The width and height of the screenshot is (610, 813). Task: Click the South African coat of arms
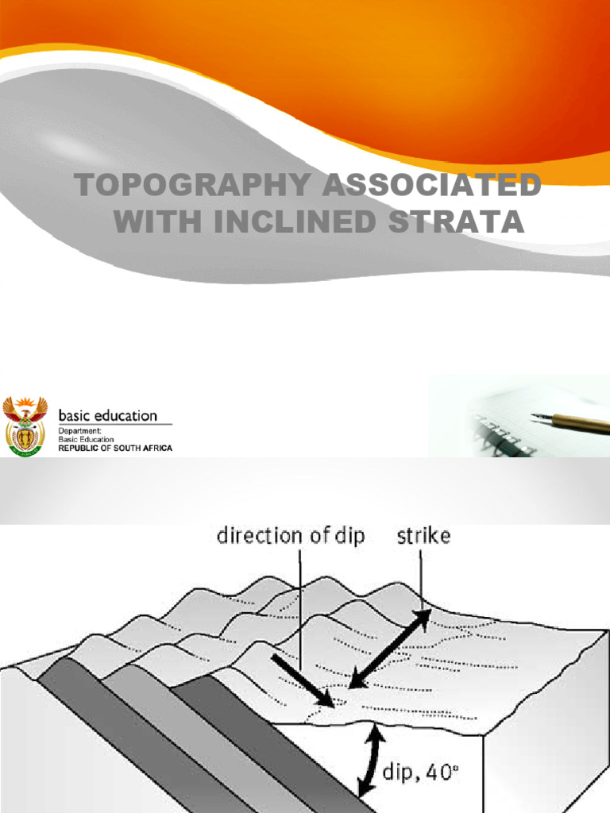point(25,426)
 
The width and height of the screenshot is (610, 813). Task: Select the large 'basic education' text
point(109,415)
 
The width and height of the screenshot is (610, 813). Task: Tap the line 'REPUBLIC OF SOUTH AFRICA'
point(116,449)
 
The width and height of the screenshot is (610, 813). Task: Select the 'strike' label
point(423,536)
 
